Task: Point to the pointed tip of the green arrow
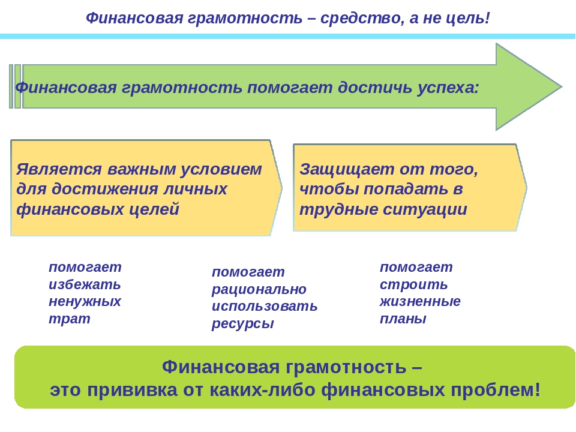coord(562,86)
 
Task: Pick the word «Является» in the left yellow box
coord(59,169)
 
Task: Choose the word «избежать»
coord(85,284)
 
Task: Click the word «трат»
coord(70,319)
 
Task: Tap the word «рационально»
coord(259,290)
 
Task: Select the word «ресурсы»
coord(243,323)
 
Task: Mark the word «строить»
coord(413,284)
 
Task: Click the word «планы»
coord(403,319)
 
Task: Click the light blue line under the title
coord(287,37)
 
